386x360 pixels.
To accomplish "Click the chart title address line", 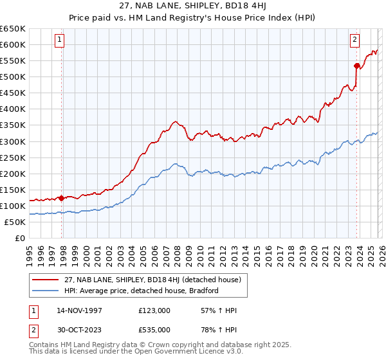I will pyautogui.click(x=192, y=6).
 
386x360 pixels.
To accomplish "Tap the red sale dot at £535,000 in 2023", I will pyautogui.click(x=356, y=65).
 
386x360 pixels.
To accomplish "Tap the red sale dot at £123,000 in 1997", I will pyautogui.click(x=62, y=198).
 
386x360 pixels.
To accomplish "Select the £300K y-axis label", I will pyautogui.click(x=13, y=141).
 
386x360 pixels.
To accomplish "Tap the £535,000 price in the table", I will pyautogui.click(x=154, y=330).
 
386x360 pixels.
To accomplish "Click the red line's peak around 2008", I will pyautogui.click(x=174, y=120).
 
